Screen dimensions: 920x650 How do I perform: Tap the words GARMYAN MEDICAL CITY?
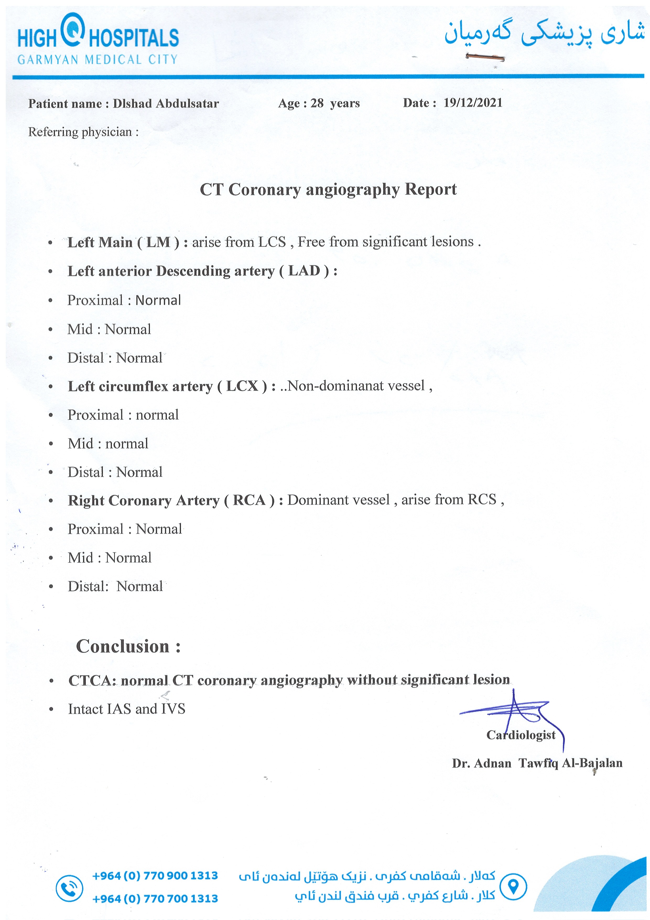[97, 60]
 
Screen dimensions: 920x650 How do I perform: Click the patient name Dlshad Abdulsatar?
[166, 104]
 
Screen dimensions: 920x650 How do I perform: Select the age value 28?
[317, 103]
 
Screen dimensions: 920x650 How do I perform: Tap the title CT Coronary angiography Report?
[328, 190]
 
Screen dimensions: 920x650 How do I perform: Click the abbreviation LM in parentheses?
[158, 242]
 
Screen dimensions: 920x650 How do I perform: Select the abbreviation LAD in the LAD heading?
[304, 271]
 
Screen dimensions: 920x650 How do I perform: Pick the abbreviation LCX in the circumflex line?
[242, 386]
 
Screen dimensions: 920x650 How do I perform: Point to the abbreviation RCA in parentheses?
[249, 500]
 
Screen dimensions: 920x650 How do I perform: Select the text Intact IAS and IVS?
[127, 709]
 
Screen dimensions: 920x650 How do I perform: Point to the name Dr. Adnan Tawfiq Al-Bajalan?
[537, 763]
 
